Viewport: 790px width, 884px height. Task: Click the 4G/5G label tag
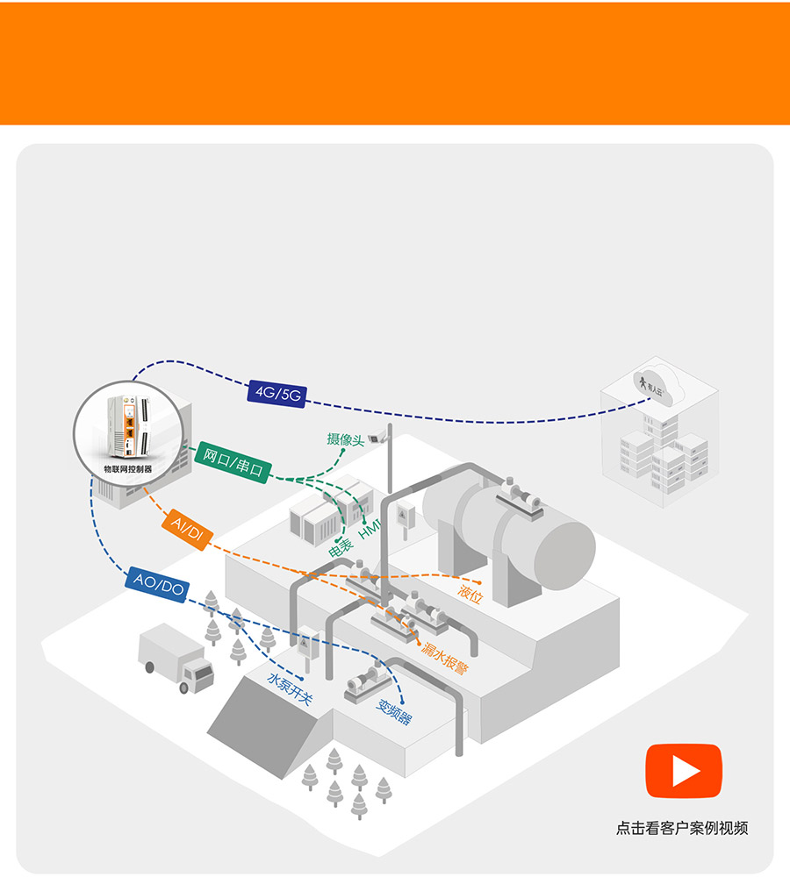(276, 393)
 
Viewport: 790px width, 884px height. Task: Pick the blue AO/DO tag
(157, 583)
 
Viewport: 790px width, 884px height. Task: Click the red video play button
(684, 771)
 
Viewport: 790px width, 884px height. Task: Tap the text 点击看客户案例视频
(682, 828)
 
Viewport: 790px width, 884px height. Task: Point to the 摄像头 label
(345, 439)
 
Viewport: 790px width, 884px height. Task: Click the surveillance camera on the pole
(379, 437)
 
